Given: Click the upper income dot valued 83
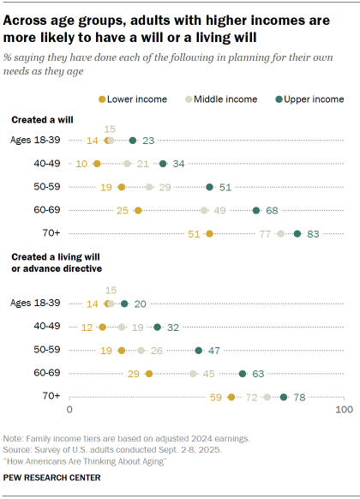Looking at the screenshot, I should click(x=297, y=232).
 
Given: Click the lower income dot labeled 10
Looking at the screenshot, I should click(x=96, y=163).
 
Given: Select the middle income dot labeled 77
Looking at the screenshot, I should click(x=280, y=232).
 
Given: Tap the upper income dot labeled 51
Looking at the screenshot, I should click(x=209, y=186).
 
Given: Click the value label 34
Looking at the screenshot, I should click(x=179, y=163).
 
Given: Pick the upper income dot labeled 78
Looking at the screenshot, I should click(x=284, y=397).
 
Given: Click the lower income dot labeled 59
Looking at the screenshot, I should click(x=231, y=397).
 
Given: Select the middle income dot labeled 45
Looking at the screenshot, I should click(x=193, y=374).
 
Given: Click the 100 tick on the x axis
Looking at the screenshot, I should click(x=344, y=412).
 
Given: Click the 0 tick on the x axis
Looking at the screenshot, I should click(x=69, y=412).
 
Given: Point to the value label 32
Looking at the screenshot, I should click(x=174, y=327).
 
